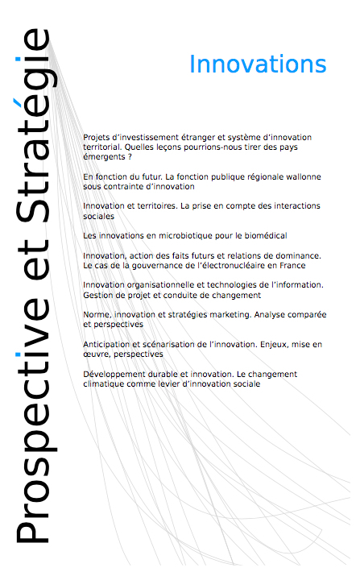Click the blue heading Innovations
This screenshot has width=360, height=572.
258,64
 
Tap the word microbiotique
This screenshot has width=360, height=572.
180,235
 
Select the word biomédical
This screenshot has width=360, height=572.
263,235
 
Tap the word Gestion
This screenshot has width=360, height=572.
98,294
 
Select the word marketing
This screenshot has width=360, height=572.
224,314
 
